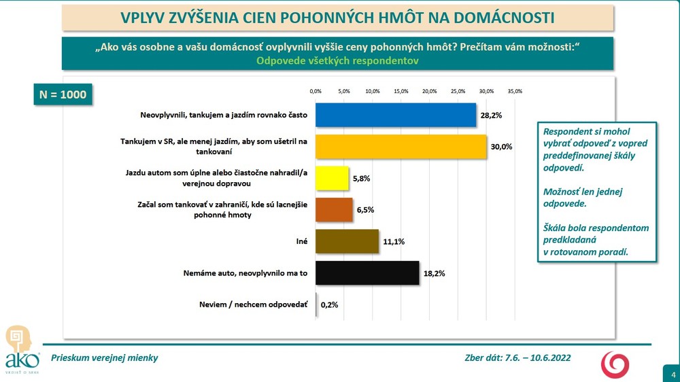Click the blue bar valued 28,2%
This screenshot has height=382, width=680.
tap(396, 115)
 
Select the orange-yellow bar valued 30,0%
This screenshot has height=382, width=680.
tap(401, 147)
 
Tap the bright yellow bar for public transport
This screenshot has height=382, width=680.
tap(332, 178)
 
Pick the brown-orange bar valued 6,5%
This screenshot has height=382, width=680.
tap(334, 210)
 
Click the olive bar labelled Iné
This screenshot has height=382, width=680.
tap(347, 241)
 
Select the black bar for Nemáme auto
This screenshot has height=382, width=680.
tap(367, 273)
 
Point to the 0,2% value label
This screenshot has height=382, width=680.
tap(329, 305)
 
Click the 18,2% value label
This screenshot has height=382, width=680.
tap(435, 273)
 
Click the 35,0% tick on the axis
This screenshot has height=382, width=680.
tap(514, 90)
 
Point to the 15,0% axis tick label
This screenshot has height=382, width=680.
tap(401, 90)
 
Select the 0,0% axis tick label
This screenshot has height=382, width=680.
tap(316, 90)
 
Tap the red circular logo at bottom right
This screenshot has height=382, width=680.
tap(614, 364)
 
